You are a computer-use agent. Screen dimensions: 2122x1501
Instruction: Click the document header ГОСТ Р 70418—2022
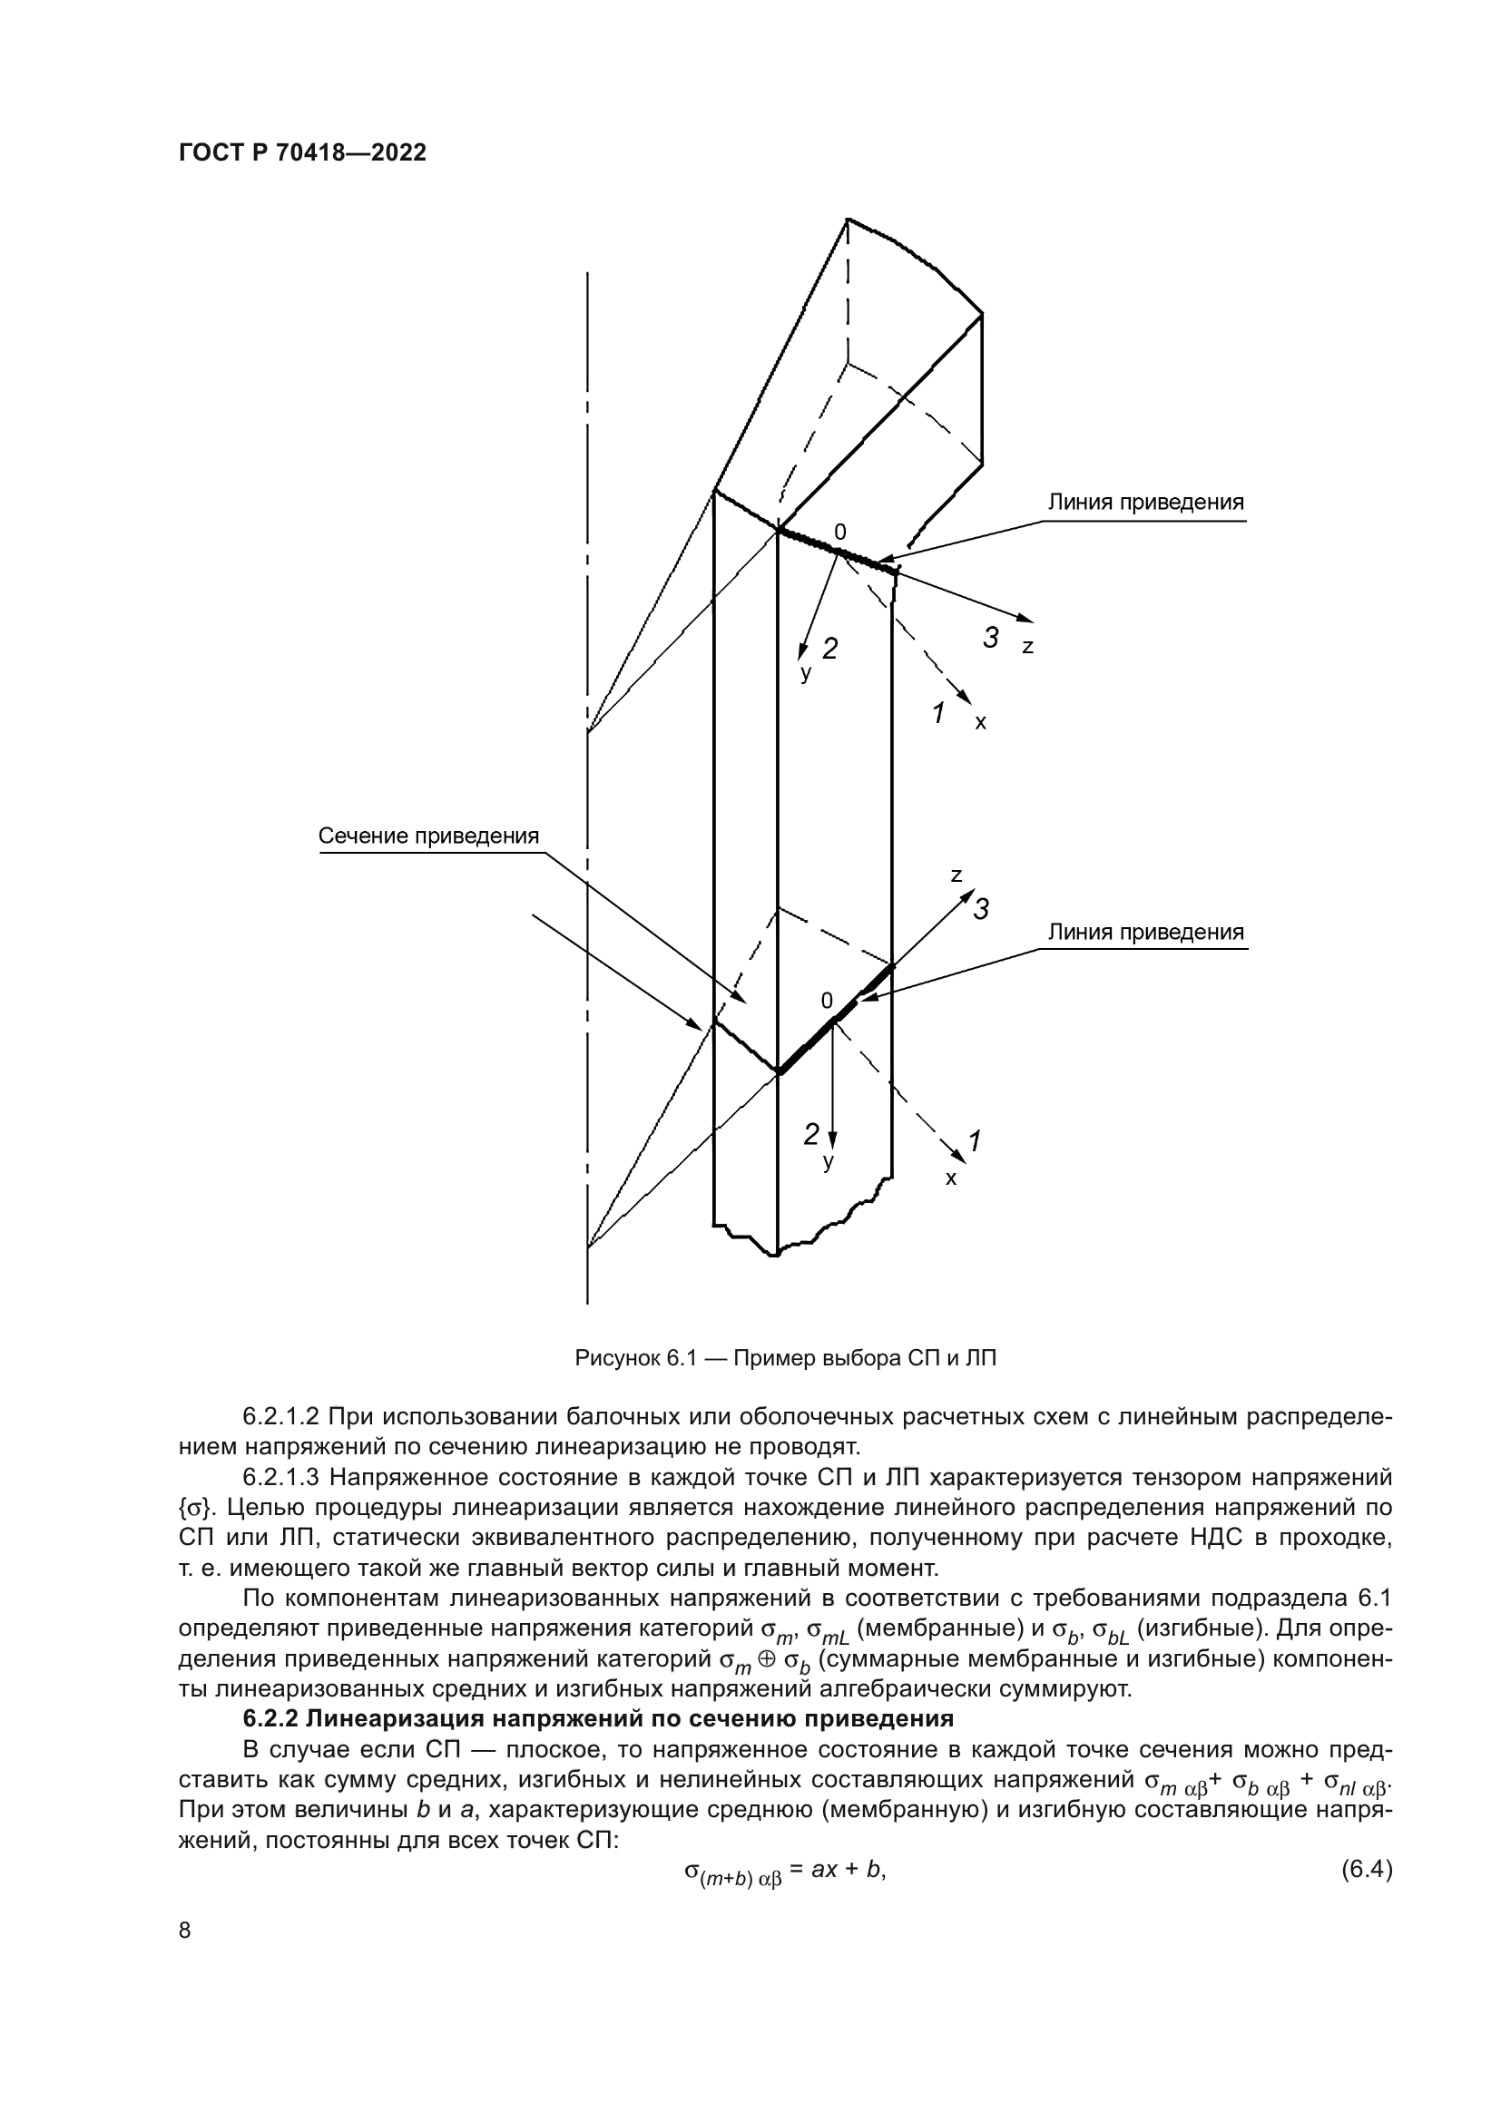pyautogui.click(x=302, y=153)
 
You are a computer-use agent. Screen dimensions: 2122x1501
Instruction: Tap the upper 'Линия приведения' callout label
pyautogui.click(x=1145, y=504)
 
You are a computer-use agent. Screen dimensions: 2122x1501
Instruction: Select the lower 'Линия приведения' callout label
pyautogui.click(x=1145, y=933)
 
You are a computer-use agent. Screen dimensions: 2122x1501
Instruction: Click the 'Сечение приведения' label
pyautogui.click(x=428, y=836)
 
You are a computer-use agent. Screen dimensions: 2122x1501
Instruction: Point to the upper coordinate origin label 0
pyautogui.click(x=839, y=533)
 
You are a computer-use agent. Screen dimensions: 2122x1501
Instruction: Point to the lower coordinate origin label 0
pyautogui.click(x=827, y=1001)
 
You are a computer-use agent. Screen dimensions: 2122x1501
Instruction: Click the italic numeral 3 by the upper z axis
pyautogui.click(x=991, y=638)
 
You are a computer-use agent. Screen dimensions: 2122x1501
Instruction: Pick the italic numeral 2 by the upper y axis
pyautogui.click(x=830, y=649)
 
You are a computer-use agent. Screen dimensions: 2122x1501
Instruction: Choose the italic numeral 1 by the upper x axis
pyautogui.click(x=938, y=713)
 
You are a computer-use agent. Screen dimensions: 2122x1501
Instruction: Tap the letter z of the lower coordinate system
pyautogui.click(x=957, y=875)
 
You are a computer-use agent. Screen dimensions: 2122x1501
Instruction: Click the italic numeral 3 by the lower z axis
pyautogui.click(x=981, y=909)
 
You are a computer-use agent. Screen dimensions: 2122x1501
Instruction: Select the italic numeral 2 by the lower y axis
pyautogui.click(x=810, y=1134)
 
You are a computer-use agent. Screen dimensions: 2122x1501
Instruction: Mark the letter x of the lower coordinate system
pyautogui.click(x=951, y=1179)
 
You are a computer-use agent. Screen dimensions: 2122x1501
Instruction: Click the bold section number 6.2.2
pyautogui.click(x=270, y=1718)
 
